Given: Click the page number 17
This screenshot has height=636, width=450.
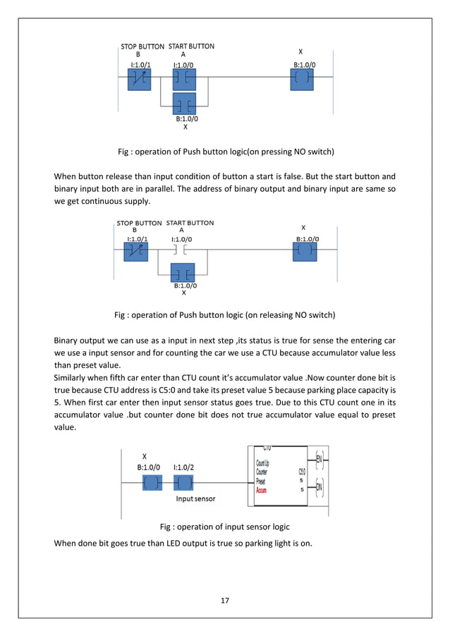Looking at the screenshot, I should click(x=225, y=601).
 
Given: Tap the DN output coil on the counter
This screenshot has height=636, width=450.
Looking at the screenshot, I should click(x=320, y=486).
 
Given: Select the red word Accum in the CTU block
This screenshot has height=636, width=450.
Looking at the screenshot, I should click(x=262, y=489).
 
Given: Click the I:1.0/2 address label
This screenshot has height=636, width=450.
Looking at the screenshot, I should click(x=184, y=467).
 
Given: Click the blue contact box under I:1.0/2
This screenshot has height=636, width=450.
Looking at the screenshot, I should click(x=185, y=482).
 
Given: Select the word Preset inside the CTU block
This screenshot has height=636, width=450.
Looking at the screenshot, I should click(x=262, y=481).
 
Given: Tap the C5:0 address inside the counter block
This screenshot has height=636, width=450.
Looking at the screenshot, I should click(x=301, y=472).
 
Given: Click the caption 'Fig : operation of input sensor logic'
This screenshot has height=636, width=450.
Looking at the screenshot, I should click(x=224, y=526).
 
